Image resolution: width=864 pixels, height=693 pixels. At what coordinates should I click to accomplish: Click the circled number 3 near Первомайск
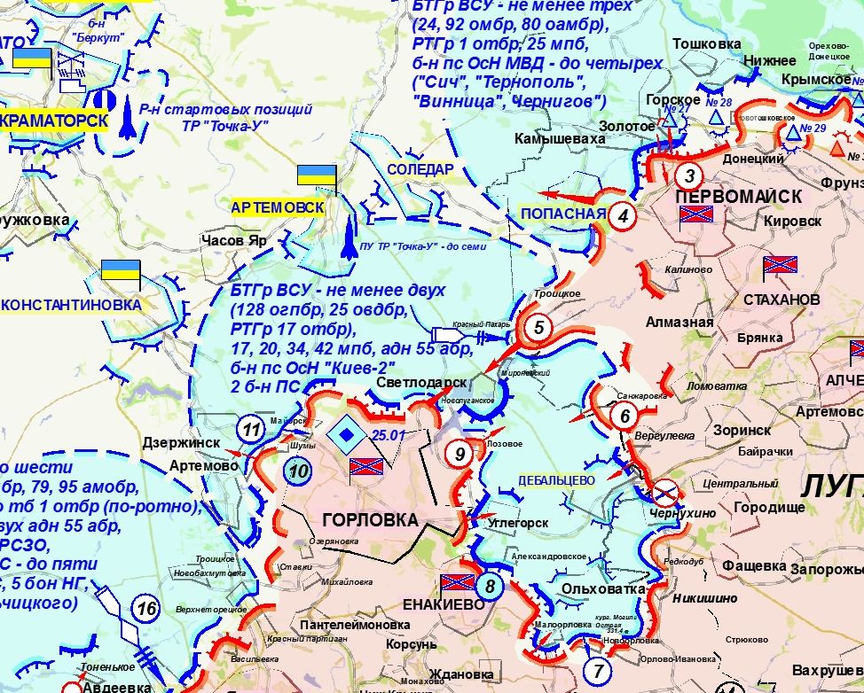pos(689,175)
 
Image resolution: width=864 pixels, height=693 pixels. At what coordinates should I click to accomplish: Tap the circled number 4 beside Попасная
pos(624,215)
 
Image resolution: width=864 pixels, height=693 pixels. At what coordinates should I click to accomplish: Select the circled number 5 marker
pos(538,328)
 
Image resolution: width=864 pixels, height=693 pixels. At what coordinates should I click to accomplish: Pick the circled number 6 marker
pos(624,415)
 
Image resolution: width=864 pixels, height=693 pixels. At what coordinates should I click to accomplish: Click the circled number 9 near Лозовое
pos(459,454)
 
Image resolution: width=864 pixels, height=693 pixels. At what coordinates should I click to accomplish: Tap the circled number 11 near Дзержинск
pos(252,431)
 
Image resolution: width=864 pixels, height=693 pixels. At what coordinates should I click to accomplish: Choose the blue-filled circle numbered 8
pos(489,585)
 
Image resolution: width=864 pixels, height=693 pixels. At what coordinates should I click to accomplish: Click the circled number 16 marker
pos(147,608)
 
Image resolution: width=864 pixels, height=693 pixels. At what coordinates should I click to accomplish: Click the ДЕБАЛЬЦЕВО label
pos(557,479)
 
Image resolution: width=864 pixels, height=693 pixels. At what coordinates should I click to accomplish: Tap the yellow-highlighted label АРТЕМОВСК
pos(277,206)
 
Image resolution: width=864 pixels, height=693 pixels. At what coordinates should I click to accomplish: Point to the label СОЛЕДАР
pos(420,169)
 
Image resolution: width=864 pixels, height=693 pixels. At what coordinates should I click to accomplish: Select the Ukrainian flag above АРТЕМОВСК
pos(316,175)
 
